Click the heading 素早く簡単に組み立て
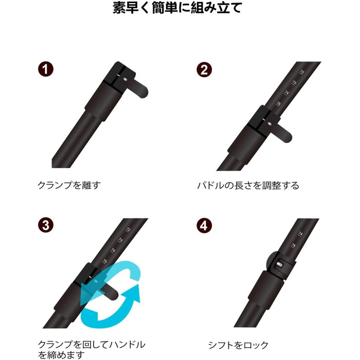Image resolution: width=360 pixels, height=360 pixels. (x=177, y=8)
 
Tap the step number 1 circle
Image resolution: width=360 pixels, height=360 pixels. (x=46, y=69)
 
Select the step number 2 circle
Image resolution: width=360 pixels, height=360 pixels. (x=204, y=69)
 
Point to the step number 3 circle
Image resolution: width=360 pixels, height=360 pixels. (x=46, y=225)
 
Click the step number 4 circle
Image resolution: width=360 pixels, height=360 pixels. (x=204, y=226)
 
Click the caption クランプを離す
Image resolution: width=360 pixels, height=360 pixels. (x=69, y=185)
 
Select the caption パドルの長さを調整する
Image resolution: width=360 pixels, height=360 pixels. (x=248, y=185)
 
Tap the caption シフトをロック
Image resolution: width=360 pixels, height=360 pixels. (x=238, y=345)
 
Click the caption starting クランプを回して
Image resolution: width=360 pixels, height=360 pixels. (x=92, y=350)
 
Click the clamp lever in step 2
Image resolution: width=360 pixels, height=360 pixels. (x=282, y=133)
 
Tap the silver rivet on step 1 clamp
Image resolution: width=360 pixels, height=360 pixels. (x=125, y=79)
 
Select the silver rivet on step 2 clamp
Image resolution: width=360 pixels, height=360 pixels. (x=269, y=124)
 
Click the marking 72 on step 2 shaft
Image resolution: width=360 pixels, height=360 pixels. (x=302, y=73)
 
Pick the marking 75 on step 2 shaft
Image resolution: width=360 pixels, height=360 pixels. (x=279, y=104)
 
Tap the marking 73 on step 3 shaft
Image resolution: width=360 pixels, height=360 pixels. (x=120, y=240)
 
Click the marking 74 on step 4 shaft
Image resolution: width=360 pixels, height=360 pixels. (x=300, y=234)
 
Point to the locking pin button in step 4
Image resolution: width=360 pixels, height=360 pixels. (x=279, y=265)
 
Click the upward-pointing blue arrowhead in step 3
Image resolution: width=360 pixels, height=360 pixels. (x=133, y=293)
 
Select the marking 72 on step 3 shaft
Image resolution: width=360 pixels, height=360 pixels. (x=128, y=229)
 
